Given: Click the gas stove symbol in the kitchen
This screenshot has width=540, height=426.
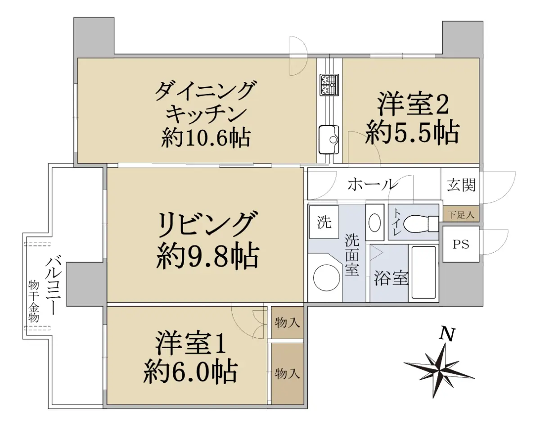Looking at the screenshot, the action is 329,85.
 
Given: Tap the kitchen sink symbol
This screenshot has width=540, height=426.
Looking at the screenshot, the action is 328,140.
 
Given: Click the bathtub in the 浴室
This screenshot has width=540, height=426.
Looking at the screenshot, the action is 423,272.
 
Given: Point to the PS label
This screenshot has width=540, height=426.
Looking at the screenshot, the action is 461,245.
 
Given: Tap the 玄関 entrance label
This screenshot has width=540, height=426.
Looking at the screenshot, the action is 461,186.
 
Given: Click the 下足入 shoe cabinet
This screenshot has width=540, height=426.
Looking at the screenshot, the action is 461,215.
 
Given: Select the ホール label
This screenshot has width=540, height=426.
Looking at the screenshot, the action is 373,184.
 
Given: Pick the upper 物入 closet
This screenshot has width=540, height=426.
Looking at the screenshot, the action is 287,322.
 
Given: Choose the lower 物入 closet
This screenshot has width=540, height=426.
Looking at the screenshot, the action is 287,374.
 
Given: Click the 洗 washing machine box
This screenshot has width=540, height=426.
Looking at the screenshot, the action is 324,222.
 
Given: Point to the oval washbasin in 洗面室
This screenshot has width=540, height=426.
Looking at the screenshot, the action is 375,222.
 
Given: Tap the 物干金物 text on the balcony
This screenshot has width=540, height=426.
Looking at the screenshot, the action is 33,301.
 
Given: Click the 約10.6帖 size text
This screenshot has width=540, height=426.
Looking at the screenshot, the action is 206,138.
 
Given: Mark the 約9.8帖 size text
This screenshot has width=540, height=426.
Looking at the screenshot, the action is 207,257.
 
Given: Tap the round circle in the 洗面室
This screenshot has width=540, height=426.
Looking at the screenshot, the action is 327,277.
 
